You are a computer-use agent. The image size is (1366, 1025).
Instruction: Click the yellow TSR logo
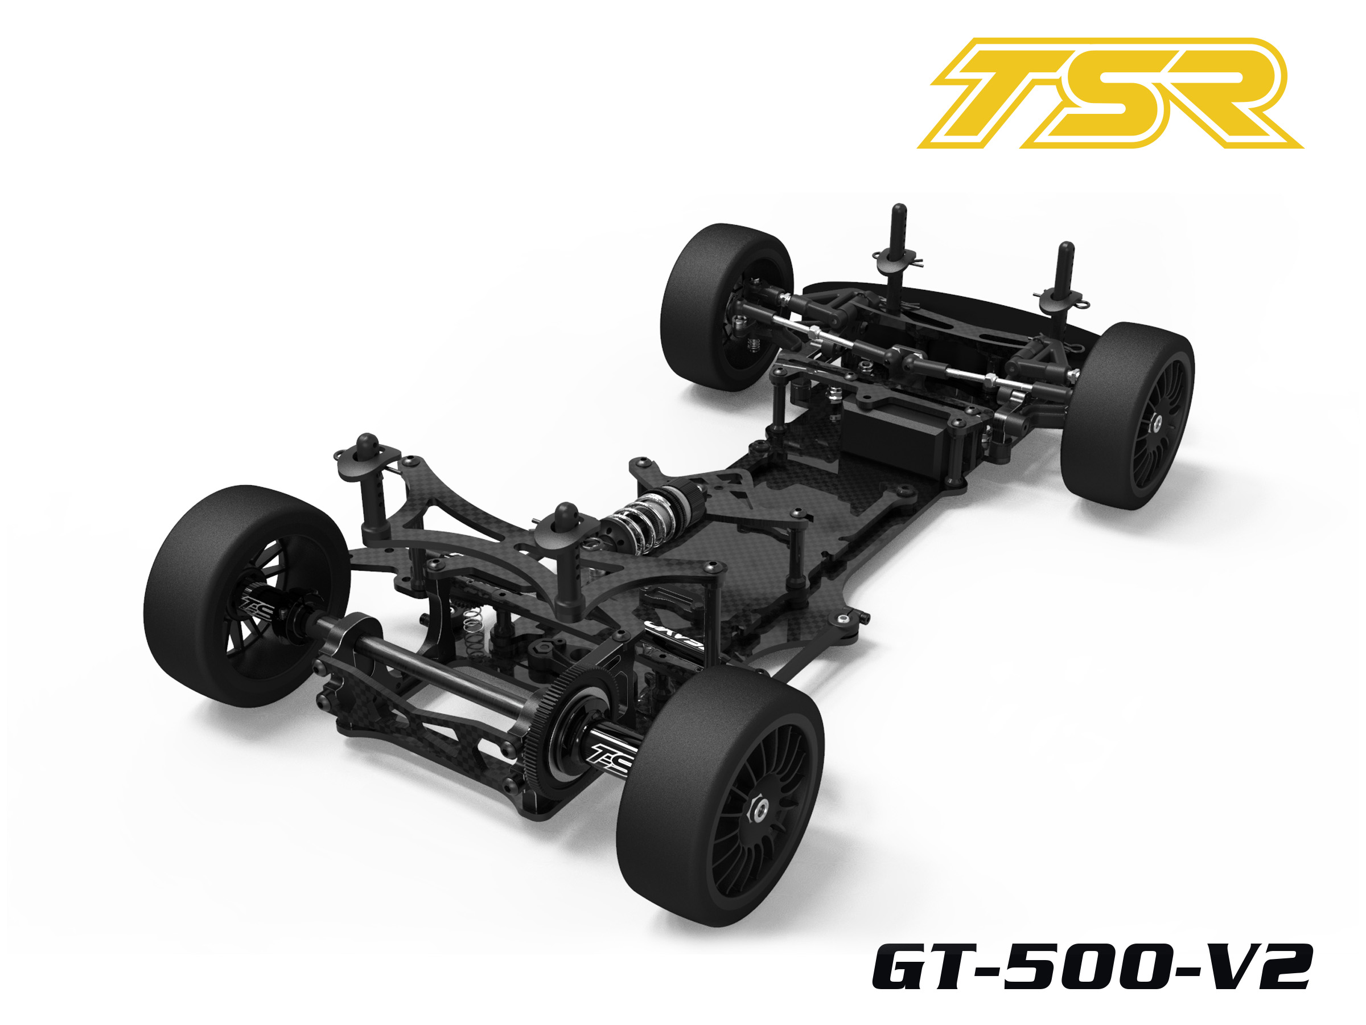pyautogui.click(x=1110, y=93)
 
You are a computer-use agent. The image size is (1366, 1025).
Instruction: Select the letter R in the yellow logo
pyautogui.click(x=1211, y=93)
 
